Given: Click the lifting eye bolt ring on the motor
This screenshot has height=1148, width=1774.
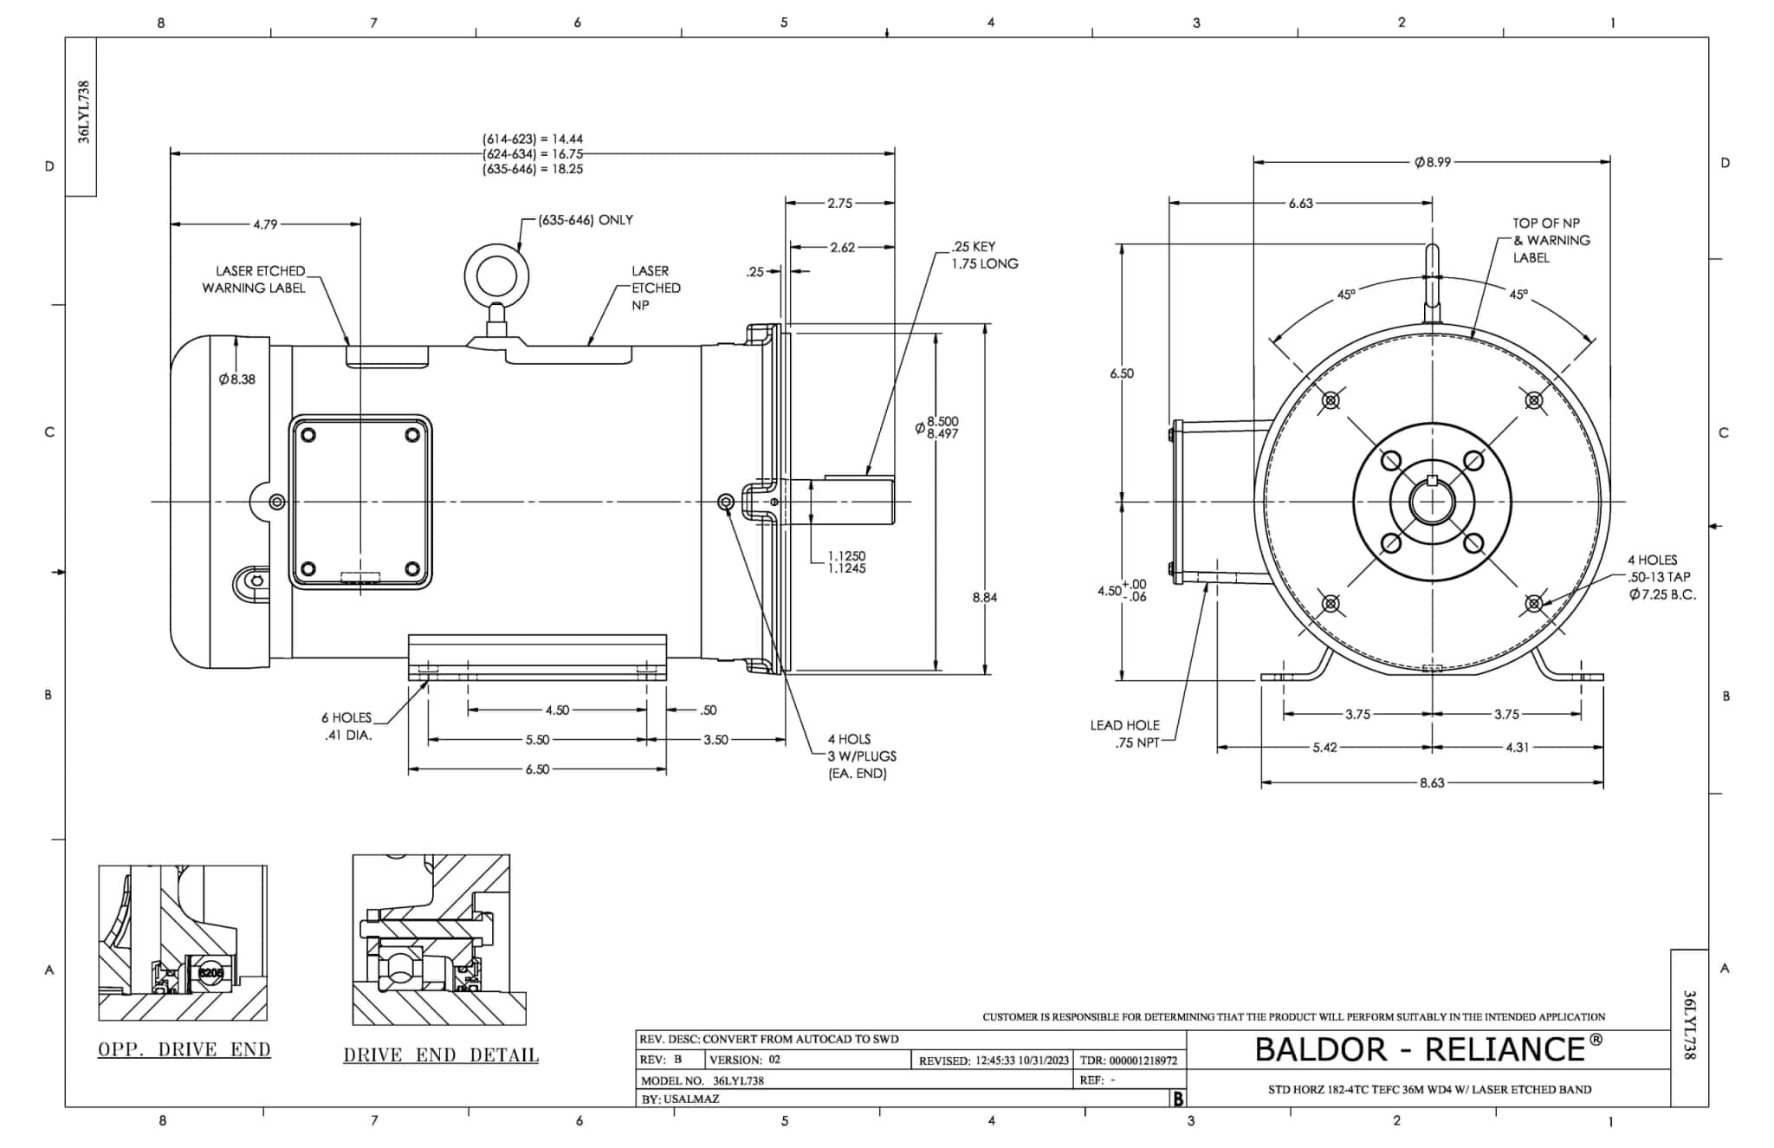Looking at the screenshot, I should click(496, 278).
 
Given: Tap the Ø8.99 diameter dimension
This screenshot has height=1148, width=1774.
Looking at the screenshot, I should click(1432, 162).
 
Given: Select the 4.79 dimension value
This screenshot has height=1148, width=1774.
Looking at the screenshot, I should click(265, 224).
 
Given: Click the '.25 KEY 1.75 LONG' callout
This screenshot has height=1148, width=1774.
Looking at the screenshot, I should click(984, 255).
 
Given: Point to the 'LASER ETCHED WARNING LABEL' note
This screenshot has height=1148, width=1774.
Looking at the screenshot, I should click(255, 279).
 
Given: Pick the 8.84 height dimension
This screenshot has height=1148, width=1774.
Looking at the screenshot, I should click(985, 597).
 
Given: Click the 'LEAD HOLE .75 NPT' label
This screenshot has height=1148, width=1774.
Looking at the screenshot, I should click(1124, 734).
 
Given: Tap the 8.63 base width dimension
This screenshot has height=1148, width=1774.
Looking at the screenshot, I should click(1432, 782).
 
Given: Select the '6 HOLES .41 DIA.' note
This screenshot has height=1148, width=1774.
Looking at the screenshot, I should click(346, 726).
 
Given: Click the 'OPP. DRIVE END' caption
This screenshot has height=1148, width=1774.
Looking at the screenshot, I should click(184, 1049).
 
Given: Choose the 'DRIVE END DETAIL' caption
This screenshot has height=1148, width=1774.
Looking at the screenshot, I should click(441, 1055).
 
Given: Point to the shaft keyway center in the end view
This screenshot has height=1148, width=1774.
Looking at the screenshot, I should click(1432, 482).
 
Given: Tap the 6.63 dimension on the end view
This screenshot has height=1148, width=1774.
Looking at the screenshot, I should click(1300, 203).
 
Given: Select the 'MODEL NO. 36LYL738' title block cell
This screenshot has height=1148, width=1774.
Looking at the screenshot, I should click(702, 1080).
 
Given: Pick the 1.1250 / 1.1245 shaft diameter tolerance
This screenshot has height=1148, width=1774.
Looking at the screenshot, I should click(846, 561).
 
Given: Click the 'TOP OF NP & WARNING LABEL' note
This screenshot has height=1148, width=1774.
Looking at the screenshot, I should click(1551, 240).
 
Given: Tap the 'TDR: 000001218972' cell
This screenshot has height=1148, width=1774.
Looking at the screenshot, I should click(1129, 1060).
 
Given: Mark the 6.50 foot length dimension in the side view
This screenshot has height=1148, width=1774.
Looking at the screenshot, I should click(537, 769).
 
